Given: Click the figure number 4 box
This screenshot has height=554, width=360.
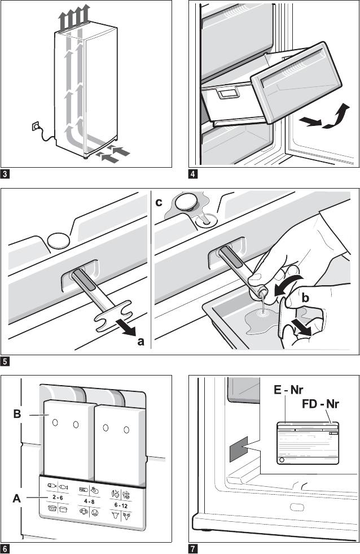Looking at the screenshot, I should pyautogui.click(x=194, y=174).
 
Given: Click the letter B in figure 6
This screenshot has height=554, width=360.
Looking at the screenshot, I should pyautogui.click(x=17, y=413).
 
